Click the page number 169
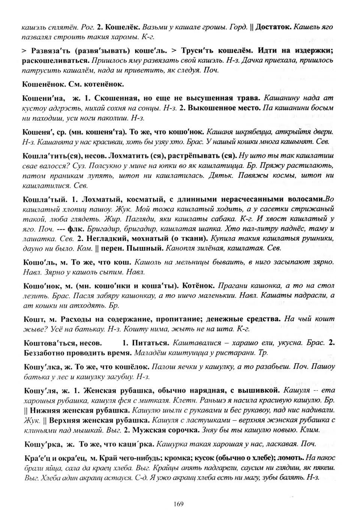click(x=178, y=504)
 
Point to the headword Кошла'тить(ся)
click(x=50, y=156)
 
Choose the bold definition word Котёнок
click(x=198, y=286)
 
